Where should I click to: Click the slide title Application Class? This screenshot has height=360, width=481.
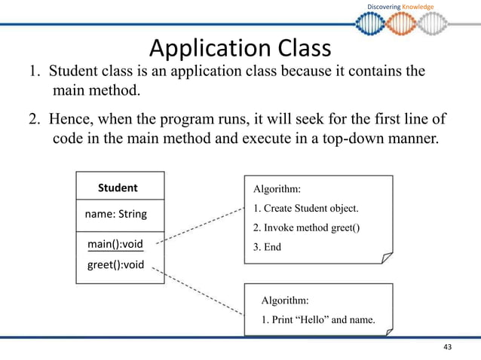(240, 49)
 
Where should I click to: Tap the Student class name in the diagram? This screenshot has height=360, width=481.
(118, 188)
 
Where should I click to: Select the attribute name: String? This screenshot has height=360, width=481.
(115, 215)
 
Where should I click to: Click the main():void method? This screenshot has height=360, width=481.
(115, 244)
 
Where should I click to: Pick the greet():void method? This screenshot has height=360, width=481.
(115, 264)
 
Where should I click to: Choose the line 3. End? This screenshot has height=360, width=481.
(267, 246)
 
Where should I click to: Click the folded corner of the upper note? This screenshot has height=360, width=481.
(386, 258)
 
